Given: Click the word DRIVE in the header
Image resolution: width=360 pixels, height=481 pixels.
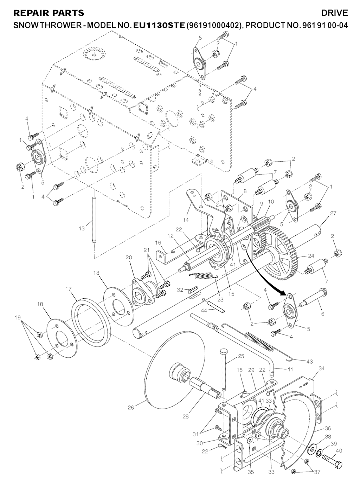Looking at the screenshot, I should pyautogui.click(x=334, y=13).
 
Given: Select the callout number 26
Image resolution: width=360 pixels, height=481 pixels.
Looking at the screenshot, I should pyautogui.click(x=131, y=408).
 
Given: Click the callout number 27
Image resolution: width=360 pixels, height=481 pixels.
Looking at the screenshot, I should pyautogui.click(x=333, y=213).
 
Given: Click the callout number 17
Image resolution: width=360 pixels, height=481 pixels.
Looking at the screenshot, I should pyautogui.click(x=69, y=289).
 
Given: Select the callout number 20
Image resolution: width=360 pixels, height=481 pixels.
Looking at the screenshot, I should pyautogui.click(x=129, y=258).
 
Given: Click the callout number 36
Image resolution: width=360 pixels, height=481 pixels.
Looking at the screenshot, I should pyautogui.click(x=328, y=428).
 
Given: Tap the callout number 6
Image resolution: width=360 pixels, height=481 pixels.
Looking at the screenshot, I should pyautogui.click(x=323, y=314).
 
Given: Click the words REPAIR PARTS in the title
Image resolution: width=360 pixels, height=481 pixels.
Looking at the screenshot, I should pyautogui.click(x=49, y=13).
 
